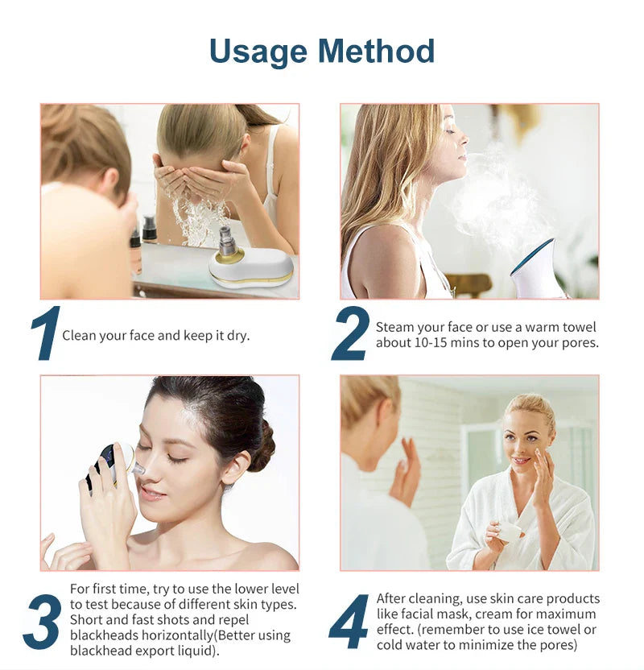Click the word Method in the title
point(376,51)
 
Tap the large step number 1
point(46,333)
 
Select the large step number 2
point(351,333)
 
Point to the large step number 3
point(43,622)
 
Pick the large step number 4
point(349,622)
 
